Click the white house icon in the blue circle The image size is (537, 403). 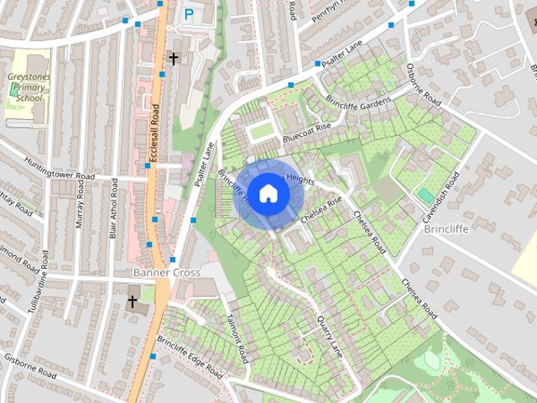click(x=268, y=193)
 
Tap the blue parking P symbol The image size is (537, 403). click(x=188, y=13)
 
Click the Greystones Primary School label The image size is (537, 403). click(x=29, y=87)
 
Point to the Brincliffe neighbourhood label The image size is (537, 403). click(x=446, y=228)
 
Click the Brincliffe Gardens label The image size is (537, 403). click(x=360, y=101)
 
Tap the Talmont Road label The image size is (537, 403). click(x=237, y=334)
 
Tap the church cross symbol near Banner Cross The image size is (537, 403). click(x=133, y=301)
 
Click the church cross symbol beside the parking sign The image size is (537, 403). click(x=174, y=58)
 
